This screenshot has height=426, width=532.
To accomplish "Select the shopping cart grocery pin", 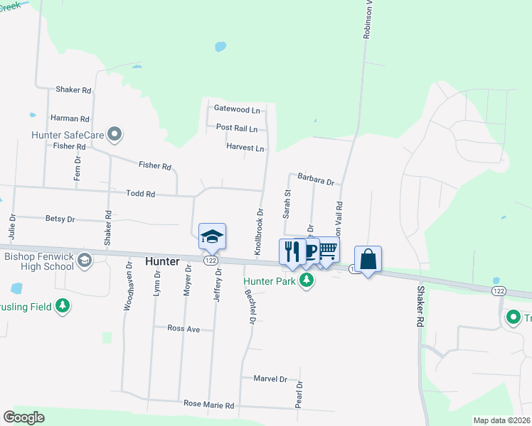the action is point(328,250).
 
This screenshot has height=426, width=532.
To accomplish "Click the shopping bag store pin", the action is point(368,259).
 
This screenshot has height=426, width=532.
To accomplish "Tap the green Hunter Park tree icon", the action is point(307,280).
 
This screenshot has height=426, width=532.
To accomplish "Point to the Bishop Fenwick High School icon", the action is point(85,260).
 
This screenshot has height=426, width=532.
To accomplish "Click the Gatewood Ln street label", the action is point(237,109).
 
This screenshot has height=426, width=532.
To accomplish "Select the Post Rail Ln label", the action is point(236,129).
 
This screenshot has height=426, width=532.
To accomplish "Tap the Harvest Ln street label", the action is point(245,148).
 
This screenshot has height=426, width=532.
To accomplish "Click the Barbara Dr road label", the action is point(316,180).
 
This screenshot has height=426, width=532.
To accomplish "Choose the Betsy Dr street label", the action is point(60,219).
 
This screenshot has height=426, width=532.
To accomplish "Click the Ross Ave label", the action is point(183,328).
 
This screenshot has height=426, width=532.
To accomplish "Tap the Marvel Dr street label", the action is point(270,379).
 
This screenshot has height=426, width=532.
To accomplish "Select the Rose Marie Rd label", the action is point(209,405).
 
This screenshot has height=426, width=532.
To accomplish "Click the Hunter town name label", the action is point(162,261).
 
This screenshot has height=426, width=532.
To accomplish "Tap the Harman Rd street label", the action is point(70,119).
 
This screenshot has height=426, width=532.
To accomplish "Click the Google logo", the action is point(24,417).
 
